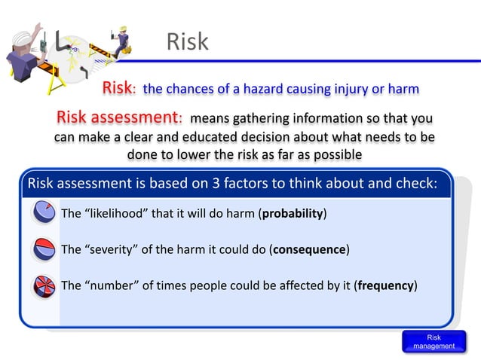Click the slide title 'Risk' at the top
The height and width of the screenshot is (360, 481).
coord(187,41)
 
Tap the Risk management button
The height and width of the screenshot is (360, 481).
coord(434,341)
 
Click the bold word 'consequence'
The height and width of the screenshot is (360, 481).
coord(309,249)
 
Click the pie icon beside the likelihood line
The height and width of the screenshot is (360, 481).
coord(44,213)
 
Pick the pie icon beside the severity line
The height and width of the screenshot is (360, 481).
coord(44,249)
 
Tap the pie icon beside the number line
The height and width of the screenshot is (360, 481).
coord(44,286)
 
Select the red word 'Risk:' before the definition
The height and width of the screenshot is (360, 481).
coord(119,89)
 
